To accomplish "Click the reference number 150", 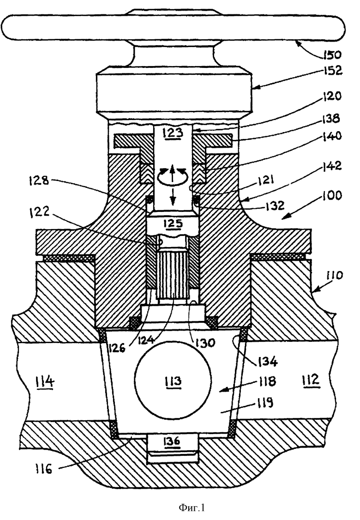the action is coord(331,54).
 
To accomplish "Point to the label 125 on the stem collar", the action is coord(173,223).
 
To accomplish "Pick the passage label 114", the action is coord(45,382).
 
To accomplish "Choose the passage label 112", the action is coord(311,380).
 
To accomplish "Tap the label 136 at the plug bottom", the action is coord(172,441).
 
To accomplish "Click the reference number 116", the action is coord(43,469).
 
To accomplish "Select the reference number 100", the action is coord(332,195).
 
